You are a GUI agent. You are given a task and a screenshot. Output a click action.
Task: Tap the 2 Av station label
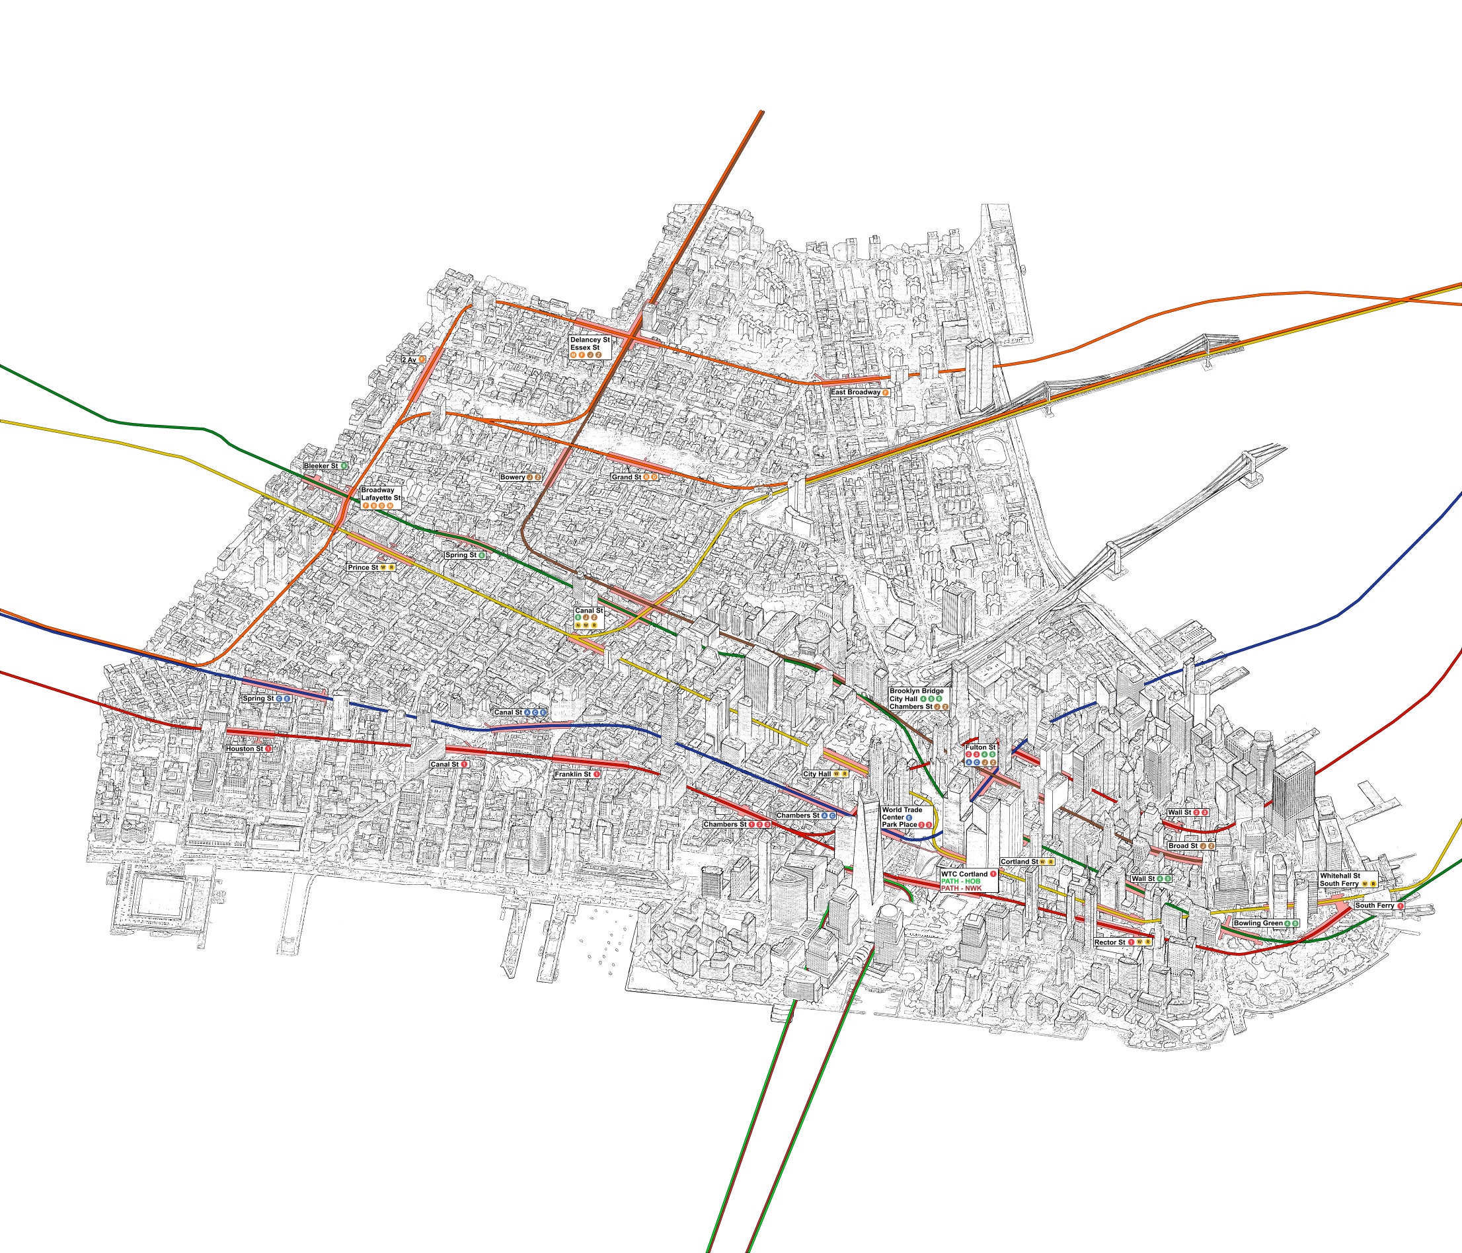click(x=414, y=359)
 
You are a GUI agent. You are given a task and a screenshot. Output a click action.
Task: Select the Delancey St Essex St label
click(x=590, y=347)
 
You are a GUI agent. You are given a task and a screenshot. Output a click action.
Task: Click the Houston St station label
click(x=249, y=748)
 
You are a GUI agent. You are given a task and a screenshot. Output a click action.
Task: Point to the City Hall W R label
click(x=825, y=774)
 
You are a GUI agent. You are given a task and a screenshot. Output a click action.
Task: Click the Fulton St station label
click(x=981, y=754)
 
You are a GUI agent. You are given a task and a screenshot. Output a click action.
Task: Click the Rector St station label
click(x=1122, y=942)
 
